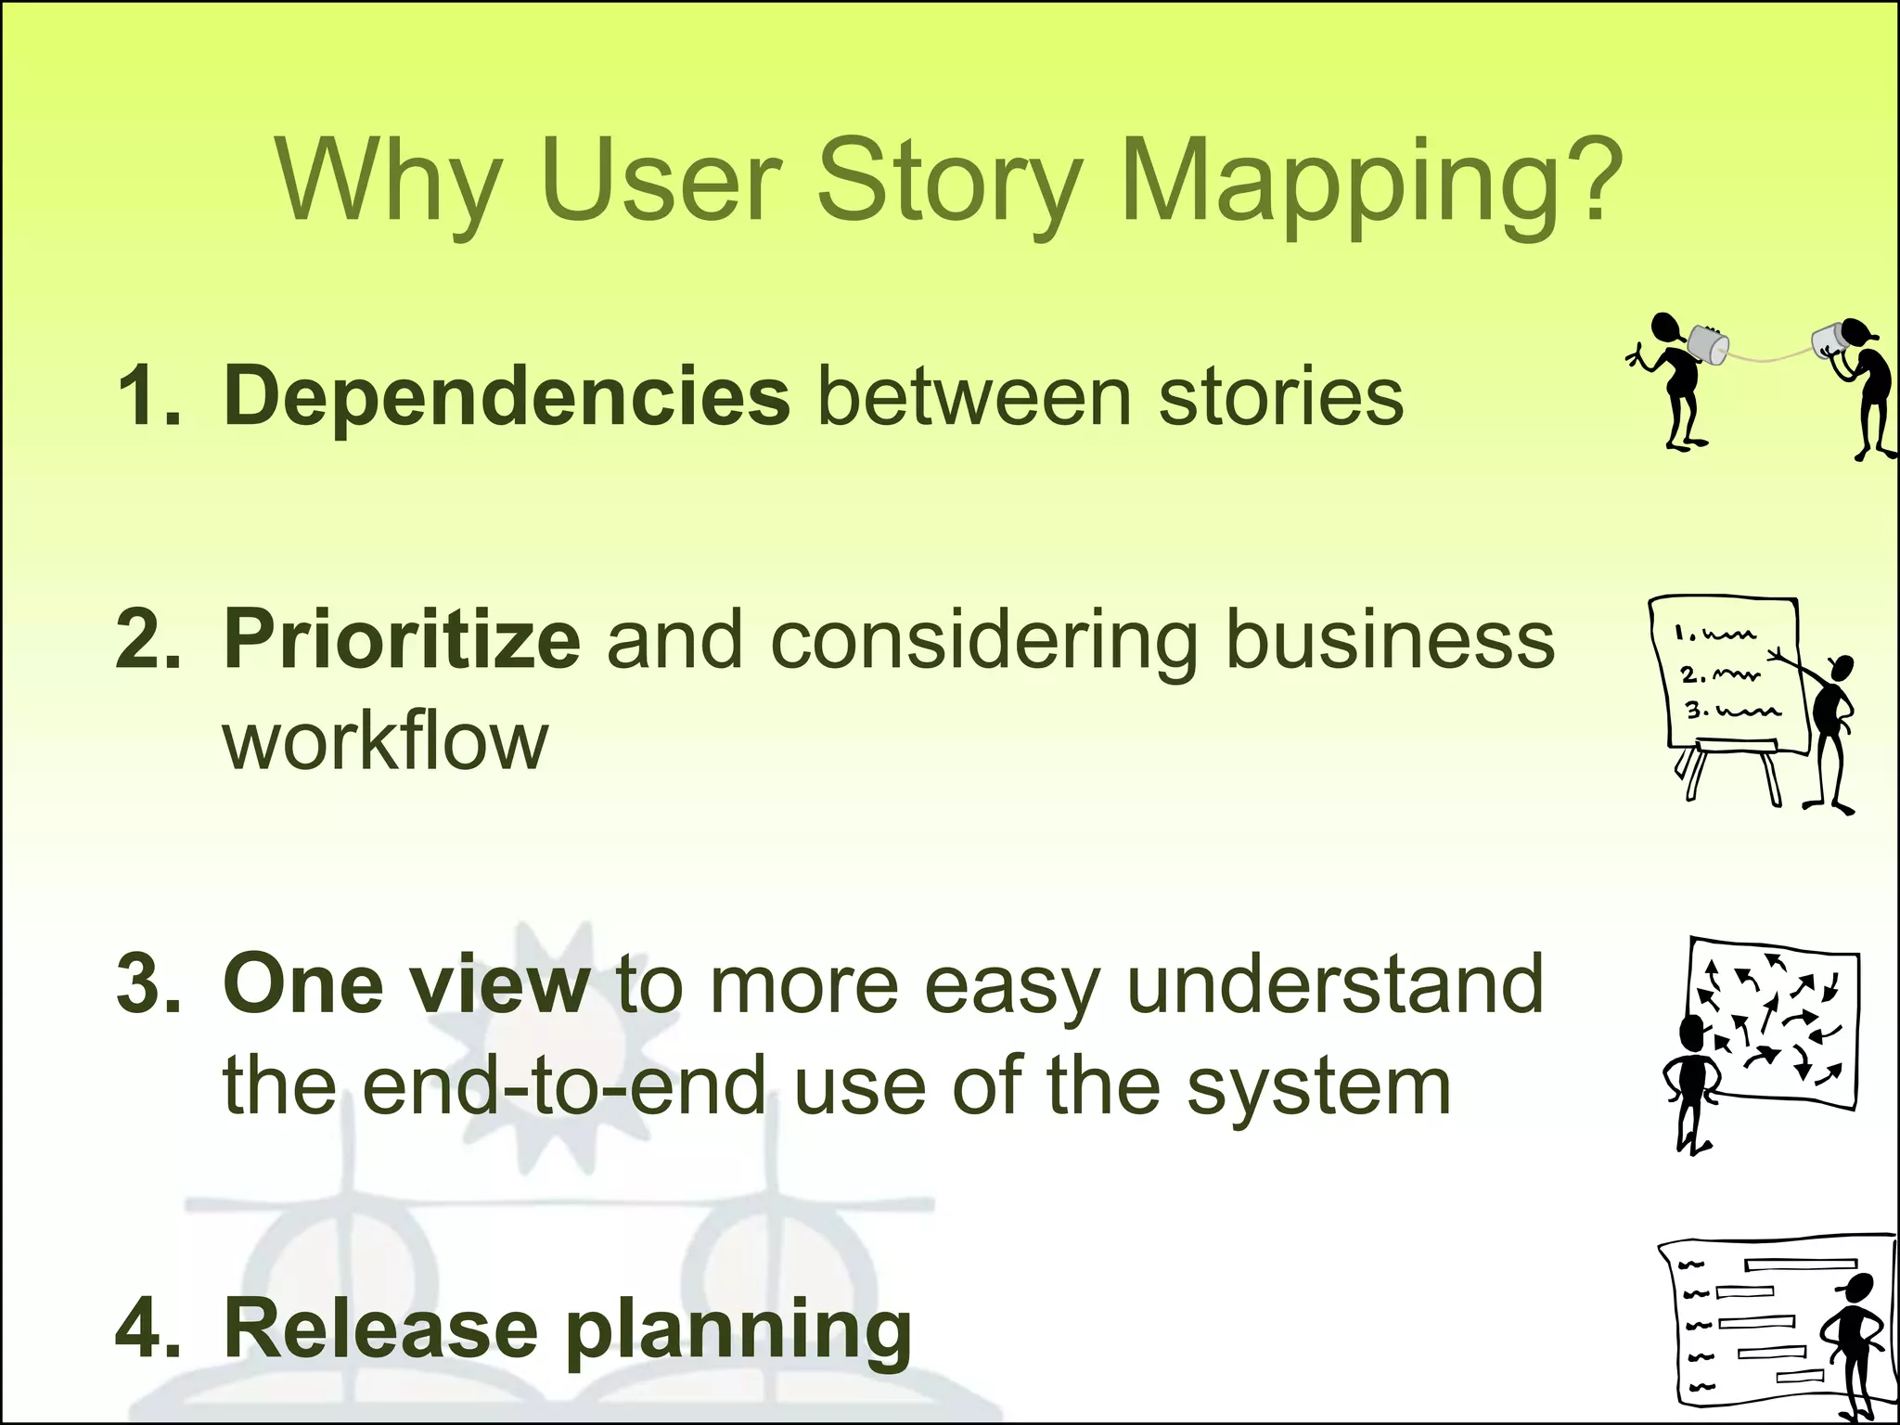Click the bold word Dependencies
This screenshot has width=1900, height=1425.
tap(507, 396)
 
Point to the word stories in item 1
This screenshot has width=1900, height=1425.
tap(1281, 396)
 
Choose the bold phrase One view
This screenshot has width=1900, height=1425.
tap(406, 984)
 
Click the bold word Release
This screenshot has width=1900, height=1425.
tap(381, 1329)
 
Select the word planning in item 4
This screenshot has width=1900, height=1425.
tap(738, 1330)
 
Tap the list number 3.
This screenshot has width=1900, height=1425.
tap(148, 984)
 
